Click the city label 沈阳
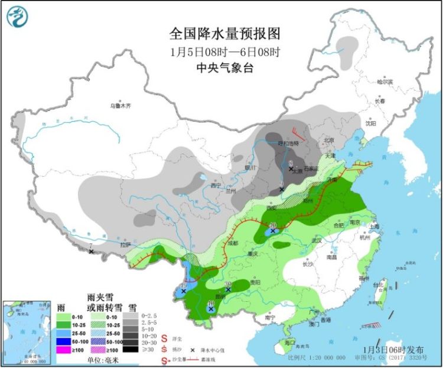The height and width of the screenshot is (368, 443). [x=370, y=123]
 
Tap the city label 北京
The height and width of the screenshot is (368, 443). [x=328, y=141]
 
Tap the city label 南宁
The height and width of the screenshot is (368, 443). [x=271, y=317]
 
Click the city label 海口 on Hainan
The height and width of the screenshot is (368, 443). [x=289, y=343]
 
